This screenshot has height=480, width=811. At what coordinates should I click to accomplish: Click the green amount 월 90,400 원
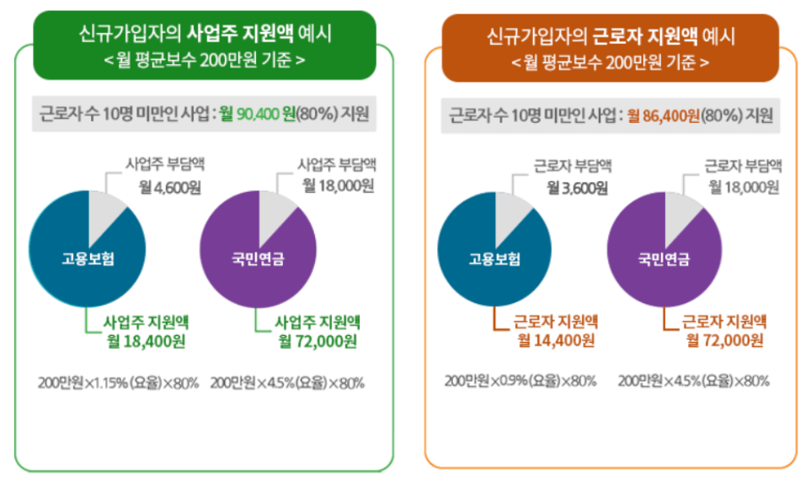255,114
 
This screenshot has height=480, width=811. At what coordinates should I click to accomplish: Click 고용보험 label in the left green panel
88,258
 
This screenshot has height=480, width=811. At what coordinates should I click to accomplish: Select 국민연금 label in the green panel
258,258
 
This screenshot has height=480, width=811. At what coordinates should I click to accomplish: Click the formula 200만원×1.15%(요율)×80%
118,383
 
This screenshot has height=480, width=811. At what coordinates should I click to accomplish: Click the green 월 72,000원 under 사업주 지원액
317,341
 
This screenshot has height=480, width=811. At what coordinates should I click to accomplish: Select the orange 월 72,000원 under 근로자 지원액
726,341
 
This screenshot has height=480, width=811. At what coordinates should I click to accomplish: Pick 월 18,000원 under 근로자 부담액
746,186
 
